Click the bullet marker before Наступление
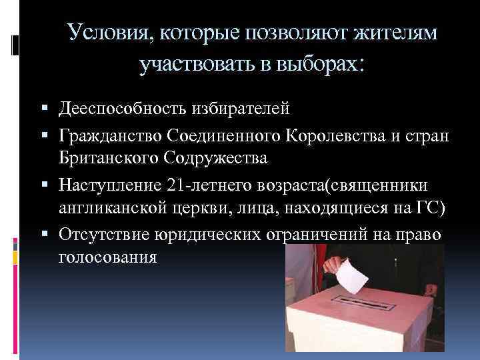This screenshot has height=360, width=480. pyautogui.click(x=51, y=183)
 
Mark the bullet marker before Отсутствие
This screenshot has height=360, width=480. pyautogui.click(x=51, y=235)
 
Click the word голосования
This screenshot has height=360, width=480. pyautogui.click(x=108, y=257)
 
